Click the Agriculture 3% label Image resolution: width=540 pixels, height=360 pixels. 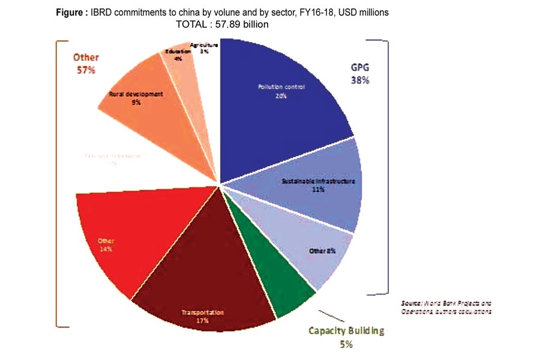pyautogui.click(x=204, y=48)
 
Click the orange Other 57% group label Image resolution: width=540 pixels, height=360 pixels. pyautogui.click(x=85, y=63)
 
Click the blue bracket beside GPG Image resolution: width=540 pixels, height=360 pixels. pyautogui.click(x=388, y=168)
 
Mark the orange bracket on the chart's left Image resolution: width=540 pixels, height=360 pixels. pyautogui.click(x=58, y=180)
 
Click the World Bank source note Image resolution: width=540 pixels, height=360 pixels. pyautogui.click(x=447, y=308)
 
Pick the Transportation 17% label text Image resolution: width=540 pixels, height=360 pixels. pyautogui.click(x=202, y=317)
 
